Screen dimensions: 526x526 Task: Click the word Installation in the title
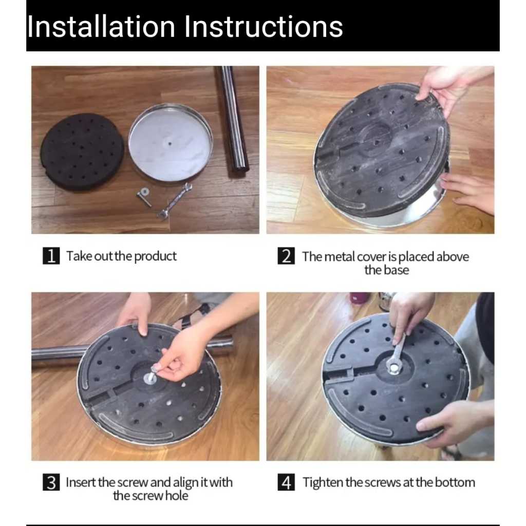tap(101, 26)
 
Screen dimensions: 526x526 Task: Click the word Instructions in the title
tap(264, 26)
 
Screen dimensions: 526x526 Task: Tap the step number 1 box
tap(51, 256)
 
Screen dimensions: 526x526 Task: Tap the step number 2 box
tap(286, 256)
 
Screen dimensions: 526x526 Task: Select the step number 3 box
tap(51, 482)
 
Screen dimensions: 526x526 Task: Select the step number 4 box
tap(286, 482)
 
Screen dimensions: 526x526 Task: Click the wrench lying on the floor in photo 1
tap(174, 201)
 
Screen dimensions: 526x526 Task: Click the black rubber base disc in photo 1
tap(82, 152)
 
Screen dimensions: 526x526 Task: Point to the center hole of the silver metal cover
tap(170, 144)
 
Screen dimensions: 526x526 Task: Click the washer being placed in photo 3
tap(150, 379)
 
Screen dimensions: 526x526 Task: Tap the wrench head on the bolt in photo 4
tap(393, 366)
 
